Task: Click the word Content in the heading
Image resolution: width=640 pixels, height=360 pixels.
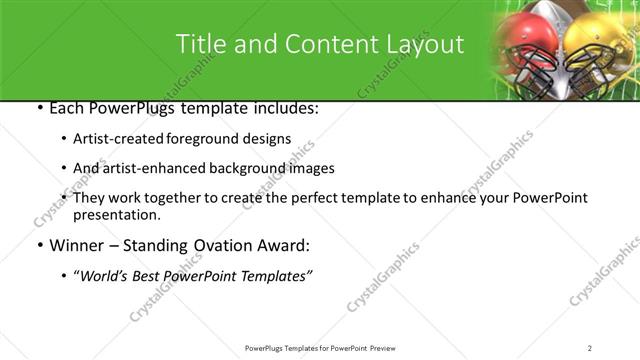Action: [x=323, y=44]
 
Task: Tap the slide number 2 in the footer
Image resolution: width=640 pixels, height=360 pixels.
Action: [x=590, y=347]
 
